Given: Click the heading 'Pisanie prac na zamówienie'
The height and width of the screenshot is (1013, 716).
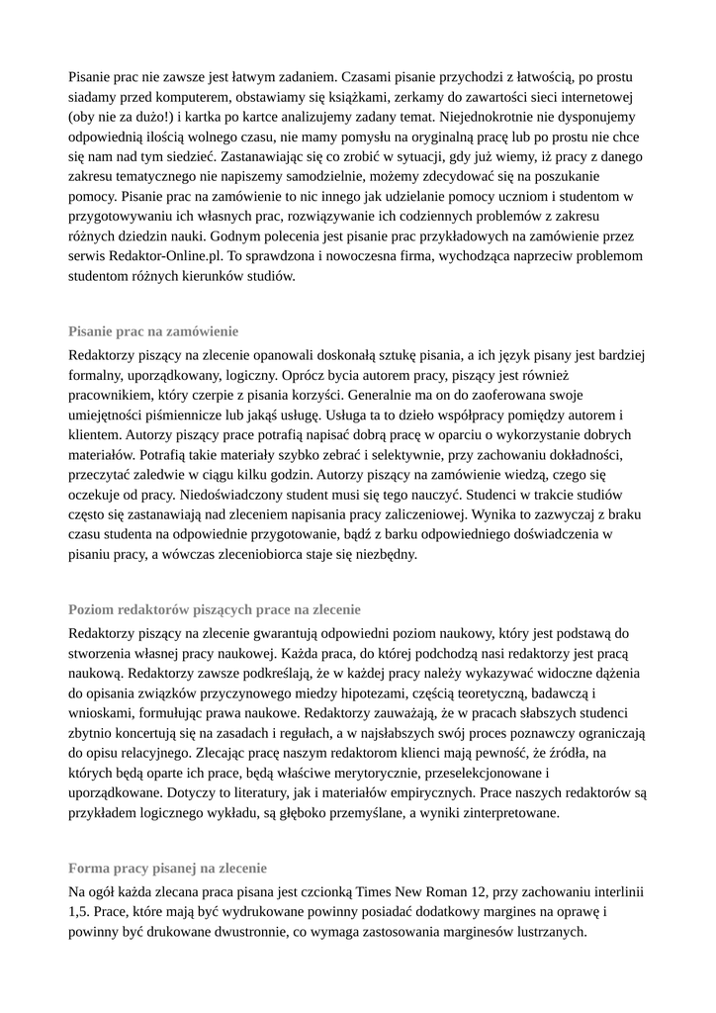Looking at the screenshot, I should [x=153, y=331].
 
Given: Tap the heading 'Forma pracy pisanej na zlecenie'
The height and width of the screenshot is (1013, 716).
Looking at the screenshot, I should [x=167, y=869].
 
